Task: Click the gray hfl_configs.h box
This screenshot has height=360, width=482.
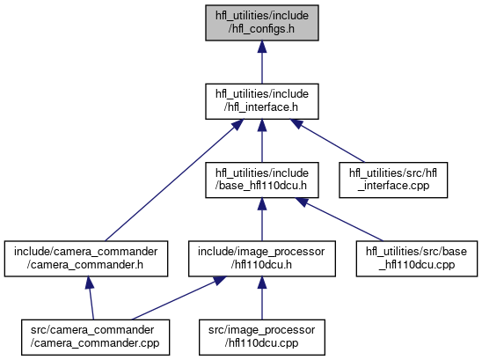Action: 262,23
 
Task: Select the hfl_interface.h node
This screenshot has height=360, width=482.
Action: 262,101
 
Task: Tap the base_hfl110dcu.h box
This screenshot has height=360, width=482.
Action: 262,180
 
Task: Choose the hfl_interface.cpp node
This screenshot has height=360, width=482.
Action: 393,180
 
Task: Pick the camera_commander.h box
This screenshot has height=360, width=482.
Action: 86,259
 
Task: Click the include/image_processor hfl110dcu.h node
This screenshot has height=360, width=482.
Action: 262,259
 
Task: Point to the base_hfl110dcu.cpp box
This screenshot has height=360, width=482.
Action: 417,259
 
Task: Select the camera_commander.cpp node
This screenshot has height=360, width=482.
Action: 95,337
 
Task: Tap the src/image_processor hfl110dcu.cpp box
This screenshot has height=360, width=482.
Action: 262,337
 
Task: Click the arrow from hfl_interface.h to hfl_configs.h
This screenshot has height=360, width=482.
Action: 262,62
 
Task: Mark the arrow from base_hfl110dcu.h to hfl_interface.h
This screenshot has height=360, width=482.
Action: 262,141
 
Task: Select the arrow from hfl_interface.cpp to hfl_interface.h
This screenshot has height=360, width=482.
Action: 327,141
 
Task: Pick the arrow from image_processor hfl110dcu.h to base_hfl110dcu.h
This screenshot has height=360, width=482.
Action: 262,220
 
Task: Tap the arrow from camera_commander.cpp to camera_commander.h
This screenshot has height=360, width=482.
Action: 91,298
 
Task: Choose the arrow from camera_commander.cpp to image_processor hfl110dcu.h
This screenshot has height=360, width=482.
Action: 179,298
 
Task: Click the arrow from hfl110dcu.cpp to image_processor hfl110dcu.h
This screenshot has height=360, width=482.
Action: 262,298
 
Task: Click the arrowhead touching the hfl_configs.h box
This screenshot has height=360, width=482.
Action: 262,46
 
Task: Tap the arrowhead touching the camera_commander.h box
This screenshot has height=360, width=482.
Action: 90,283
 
